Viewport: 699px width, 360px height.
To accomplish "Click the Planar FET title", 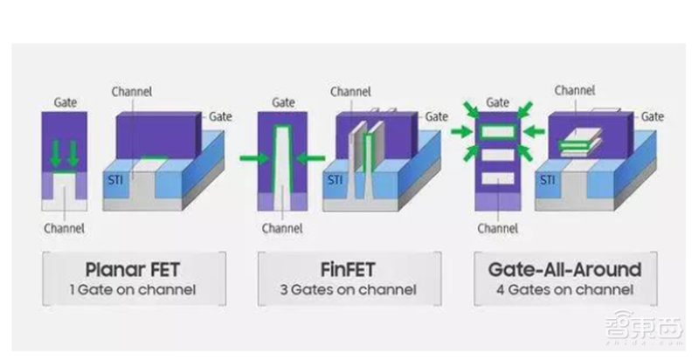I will tap(134, 267).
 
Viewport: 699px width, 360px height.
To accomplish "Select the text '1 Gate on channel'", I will tap(134, 289).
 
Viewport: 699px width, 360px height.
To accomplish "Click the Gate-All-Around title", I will tap(560, 267).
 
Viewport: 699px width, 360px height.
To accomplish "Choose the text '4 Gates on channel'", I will tap(560, 289).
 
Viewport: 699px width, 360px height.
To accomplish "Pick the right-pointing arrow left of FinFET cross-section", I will tap(253, 159).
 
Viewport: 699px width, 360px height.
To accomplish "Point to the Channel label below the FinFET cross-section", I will tap(280, 228).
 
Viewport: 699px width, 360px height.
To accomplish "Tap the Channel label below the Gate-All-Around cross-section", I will tap(498, 228).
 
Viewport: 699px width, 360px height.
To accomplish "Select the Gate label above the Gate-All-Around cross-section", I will tap(498, 103).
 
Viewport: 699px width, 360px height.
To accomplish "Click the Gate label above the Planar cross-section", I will tap(66, 103).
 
